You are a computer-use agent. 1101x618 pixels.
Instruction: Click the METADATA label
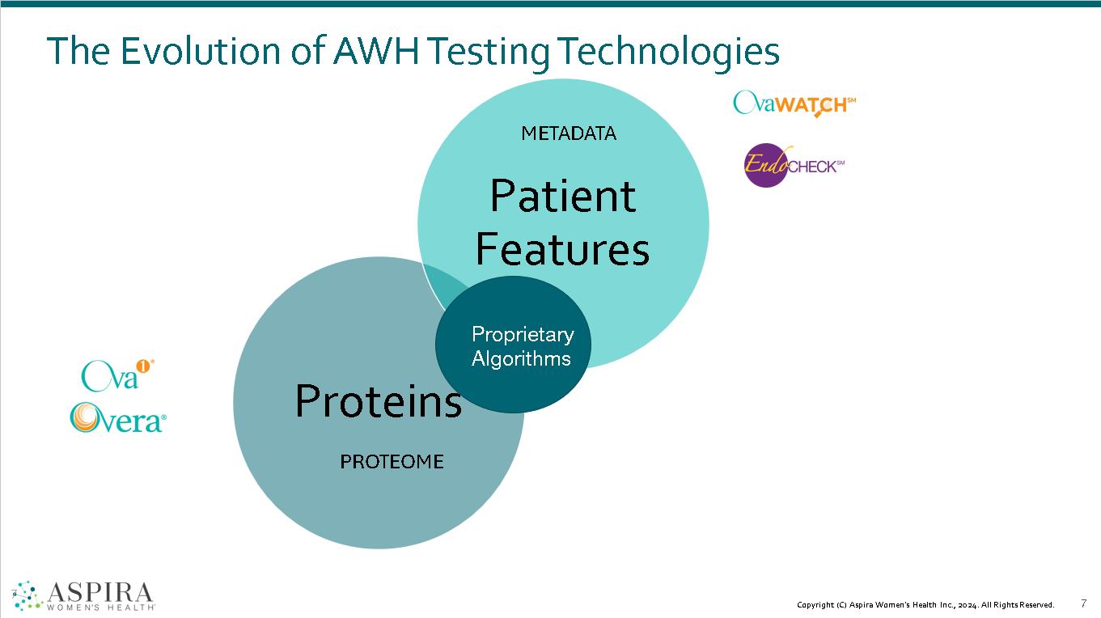pyautogui.click(x=569, y=133)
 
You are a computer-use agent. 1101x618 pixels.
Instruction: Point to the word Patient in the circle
pyautogui.click(x=563, y=197)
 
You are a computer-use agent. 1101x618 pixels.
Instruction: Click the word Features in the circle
pyautogui.click(x=562, y=249)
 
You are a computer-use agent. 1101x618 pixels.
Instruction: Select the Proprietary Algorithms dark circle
pyautogui.click(x=513, y=345)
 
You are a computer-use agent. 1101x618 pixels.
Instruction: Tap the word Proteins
pyautogui.click(x=378, y=400)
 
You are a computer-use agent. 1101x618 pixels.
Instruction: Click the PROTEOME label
pyautogui.click(x=392, y=462)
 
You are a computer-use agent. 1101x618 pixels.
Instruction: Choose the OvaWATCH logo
pyautogui.click(x=794, y=104)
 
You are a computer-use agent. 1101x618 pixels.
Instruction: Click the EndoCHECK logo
pyautogui.click(x=794, y=166)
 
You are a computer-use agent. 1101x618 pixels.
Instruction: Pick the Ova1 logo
pyautogui.click(x=117, y=374)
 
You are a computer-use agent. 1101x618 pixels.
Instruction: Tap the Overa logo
pyautogui.click(x=118, y=418)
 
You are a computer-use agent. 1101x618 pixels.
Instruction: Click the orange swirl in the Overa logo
pyautogui.click(x=84, y=417)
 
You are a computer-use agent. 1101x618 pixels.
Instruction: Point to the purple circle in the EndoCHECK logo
pyautogui.click(x=764, y=167)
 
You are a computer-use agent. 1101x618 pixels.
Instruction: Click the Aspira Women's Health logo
pyautogui.click(x=84, y=595)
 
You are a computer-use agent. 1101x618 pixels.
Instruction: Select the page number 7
pyautogui.click(x=1083, y=603)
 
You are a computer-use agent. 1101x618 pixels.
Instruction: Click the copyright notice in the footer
pyautogui.click(x=925, y=604)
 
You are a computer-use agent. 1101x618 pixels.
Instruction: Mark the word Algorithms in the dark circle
pyautogui.click(x=521, y=358)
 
